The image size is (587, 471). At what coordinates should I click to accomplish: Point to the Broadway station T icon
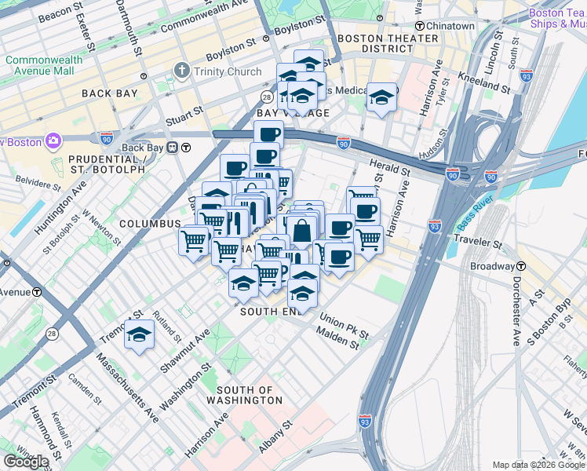[x=521, y=266]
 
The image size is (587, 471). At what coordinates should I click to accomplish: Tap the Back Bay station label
[x=142, y=148]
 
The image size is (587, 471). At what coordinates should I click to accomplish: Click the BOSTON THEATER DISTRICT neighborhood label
[x=387, y=43]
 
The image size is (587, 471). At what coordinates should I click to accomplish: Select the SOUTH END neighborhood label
[x=270, y=312]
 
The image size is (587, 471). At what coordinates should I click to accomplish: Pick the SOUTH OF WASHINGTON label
[x=244, y=395]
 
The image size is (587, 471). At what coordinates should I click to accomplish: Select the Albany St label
[x=276, y=436]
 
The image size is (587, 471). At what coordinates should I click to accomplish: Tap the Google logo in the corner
[x=26, y=462]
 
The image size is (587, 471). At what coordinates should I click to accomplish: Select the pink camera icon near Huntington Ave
[x=53, y=141]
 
